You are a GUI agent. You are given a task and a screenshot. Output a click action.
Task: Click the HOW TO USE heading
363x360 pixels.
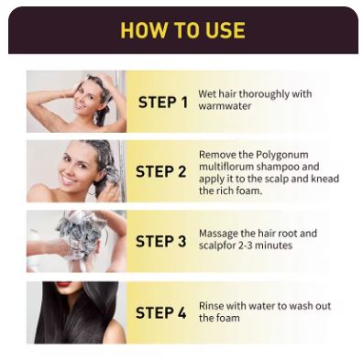click(x=182, y=30)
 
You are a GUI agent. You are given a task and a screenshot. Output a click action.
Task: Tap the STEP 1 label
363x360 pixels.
click(x=163, y=103)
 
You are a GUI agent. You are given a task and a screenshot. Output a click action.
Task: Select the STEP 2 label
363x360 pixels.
click(x=161, y=171)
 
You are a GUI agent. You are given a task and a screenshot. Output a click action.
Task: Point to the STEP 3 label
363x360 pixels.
click(x=161, y=241)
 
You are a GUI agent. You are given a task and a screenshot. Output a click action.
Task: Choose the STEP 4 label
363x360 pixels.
click(x=161, y=313)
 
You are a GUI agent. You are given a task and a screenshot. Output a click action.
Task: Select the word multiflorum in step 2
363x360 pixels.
click(x=226, y=167)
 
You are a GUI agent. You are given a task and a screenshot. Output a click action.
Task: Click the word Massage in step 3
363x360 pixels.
click(x=218, y=234)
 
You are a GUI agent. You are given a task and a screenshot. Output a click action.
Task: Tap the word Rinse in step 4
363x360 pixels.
click(x=211, y=306)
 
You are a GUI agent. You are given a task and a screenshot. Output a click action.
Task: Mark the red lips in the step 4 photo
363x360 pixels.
click(x=63, y=284)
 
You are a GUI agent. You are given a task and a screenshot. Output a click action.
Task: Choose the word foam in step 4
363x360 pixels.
click(x=228, y=318)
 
